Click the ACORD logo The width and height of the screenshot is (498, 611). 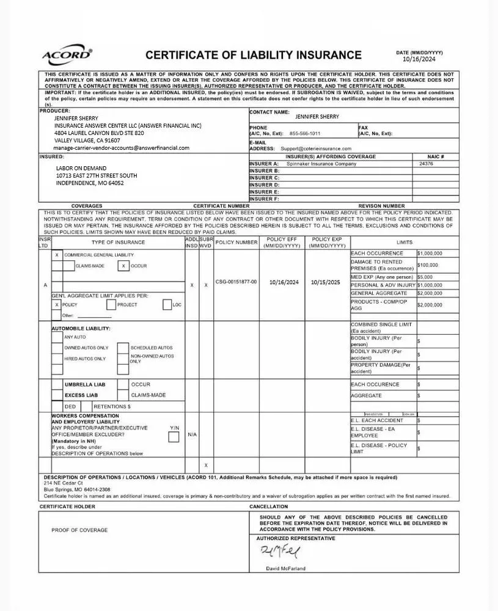[67, 56]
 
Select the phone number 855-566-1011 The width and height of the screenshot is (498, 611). [304, 133]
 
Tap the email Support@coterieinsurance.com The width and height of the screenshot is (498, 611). [316, 148]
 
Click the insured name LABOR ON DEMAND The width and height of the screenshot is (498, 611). [81, 168]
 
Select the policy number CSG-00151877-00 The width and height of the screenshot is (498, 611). [236, 282]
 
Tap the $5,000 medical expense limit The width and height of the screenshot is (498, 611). [425, 277]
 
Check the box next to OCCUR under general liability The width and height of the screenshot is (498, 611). [123, 266]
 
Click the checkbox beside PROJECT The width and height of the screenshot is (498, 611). [111, 304]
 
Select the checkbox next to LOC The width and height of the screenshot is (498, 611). [167, 304]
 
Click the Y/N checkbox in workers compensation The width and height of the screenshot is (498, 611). [174, 436]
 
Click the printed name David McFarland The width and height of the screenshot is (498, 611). [286, 568]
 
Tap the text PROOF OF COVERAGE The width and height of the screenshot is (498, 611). [79, 530]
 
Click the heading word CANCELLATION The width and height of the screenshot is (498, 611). [268, 507]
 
